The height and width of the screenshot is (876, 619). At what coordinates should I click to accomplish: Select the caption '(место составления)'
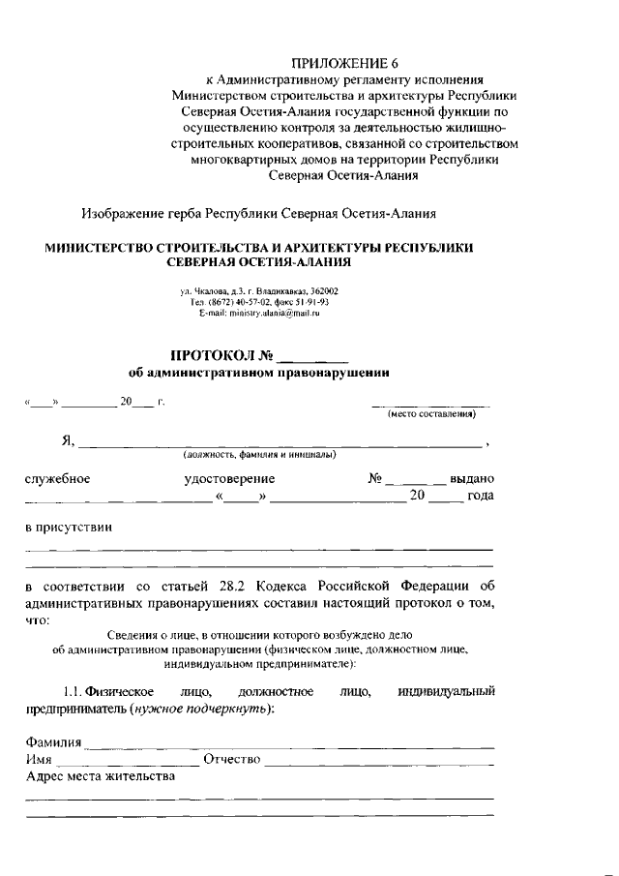pos(432,415)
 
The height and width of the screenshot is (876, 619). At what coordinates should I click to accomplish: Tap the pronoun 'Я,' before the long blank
pos(68,441)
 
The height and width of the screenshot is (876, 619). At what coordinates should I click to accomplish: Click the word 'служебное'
pos(58,478)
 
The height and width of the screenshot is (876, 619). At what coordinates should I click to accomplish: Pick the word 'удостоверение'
pos(229,478)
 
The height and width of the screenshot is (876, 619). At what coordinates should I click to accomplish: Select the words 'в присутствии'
pos(69,529)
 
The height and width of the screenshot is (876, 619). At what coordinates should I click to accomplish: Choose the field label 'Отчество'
pos(232,759)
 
